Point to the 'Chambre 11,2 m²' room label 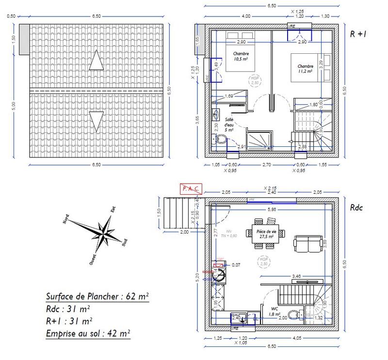pyautogui.click(x=305, y=68)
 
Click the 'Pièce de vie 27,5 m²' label pyautogui.click(x=267, y=234)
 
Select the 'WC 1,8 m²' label pyautogui.click(x=274, y=311)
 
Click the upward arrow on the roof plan pyautogui.click(x=97, y=62)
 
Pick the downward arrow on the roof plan pyautogui.click(x=97, y=120)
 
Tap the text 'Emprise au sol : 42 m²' pyautogui.click(x=88, y=333)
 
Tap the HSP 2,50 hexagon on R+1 pyautogui.click(x=254, y=80)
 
